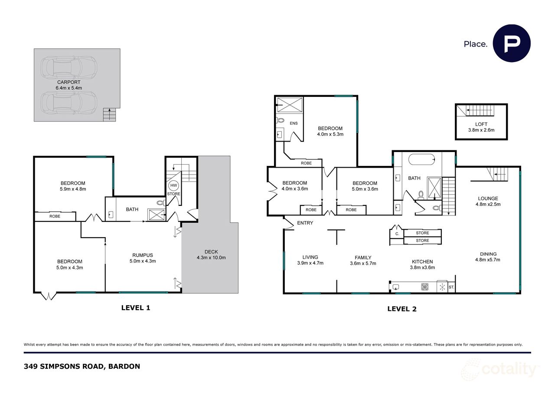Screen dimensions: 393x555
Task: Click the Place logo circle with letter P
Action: (512, 43)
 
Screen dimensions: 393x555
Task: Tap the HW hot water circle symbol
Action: (174, 185)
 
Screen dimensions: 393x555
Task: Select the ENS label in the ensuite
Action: (294, 123)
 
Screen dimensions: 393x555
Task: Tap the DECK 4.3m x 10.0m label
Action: (211, 254)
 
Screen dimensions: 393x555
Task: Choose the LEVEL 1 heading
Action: (135, 308)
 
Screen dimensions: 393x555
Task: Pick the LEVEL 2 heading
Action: (402, 309)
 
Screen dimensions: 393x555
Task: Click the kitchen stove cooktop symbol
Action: (425, 287)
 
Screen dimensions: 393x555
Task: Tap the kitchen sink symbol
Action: (396, 287)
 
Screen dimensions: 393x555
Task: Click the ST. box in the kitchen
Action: (451, 287)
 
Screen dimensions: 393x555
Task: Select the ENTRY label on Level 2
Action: (305, 223)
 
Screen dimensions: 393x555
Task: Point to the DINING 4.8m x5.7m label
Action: (488, 257)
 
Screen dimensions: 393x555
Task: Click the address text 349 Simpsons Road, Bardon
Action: (82, 367)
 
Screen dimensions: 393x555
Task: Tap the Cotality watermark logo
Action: (499, 370)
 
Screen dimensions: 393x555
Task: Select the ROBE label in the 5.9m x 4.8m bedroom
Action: (55, 216)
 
